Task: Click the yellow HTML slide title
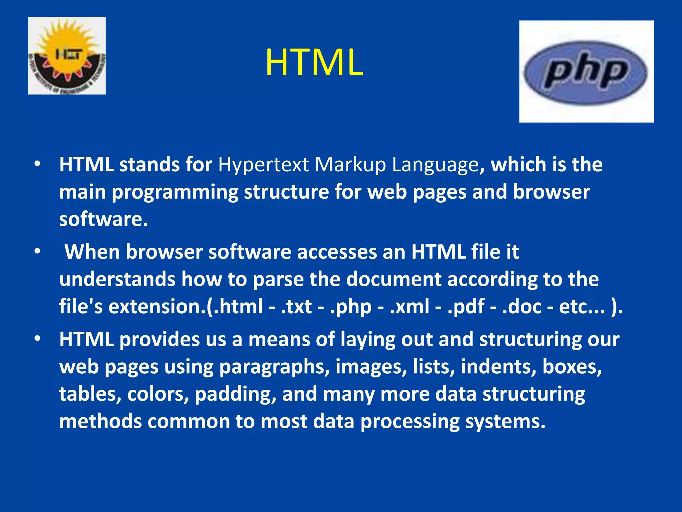(x=314, y=63)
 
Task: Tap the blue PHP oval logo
(x=585, y=73)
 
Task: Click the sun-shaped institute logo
(x=67, y=56)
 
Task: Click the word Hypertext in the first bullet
(x=263, y=165)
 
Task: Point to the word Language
(x=435, y=165)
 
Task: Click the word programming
(x=174, y=193)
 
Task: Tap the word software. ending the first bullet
(x=103, y=219)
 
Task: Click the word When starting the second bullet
(x=92, y=252)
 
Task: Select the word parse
(x=278, y=279)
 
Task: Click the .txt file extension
(x=296, y=306)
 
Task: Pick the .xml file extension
(x=409, y=306)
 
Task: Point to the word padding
(x=235, y=394)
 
